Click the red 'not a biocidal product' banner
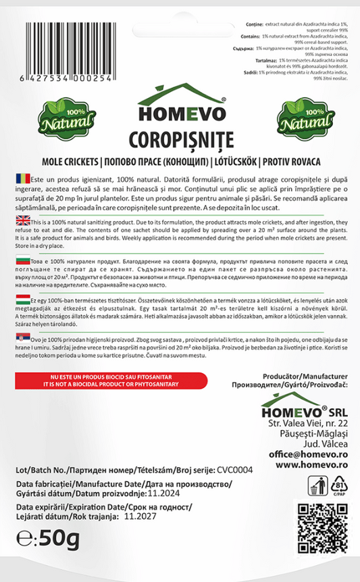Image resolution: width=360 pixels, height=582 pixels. (101, 380)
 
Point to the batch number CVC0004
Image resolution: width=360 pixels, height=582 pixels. (234, 470)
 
